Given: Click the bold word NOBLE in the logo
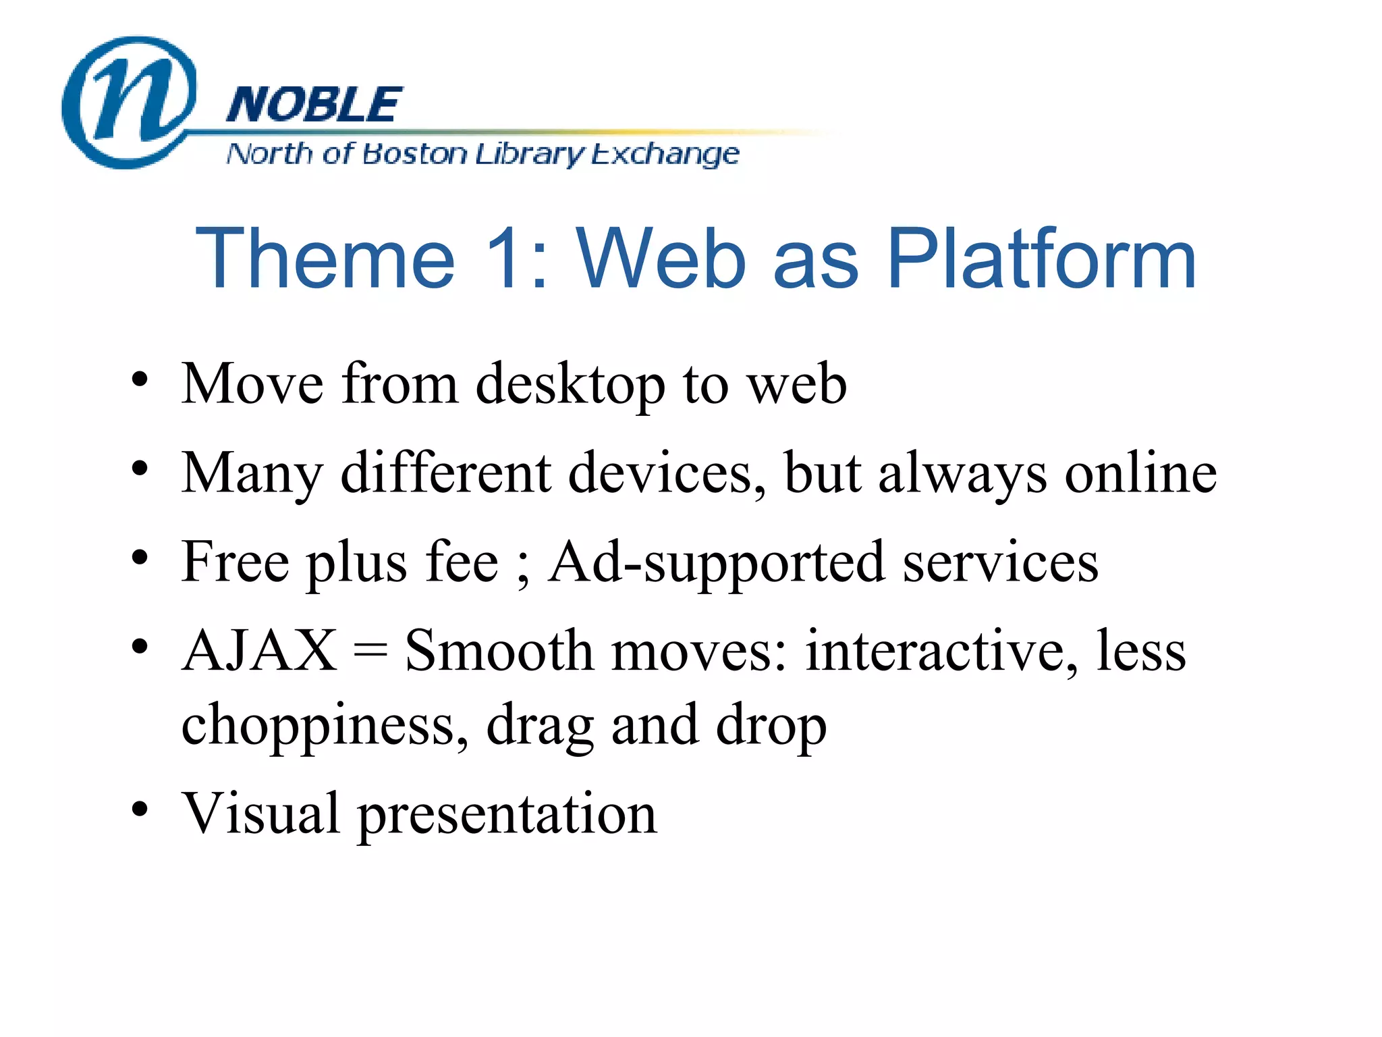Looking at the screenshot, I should point(314,105).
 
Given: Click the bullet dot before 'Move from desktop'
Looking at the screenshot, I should point(140,379).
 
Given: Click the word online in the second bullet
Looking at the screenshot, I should point(1140,473).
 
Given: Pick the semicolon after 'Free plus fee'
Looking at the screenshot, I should point(523,567).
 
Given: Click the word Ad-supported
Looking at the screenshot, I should point(716,563).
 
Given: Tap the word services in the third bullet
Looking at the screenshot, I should point(1000,563).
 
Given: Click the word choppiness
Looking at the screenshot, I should point(325,726).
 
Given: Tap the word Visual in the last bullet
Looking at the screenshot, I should point(260,813).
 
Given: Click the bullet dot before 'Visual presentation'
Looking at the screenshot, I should point(140,808).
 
